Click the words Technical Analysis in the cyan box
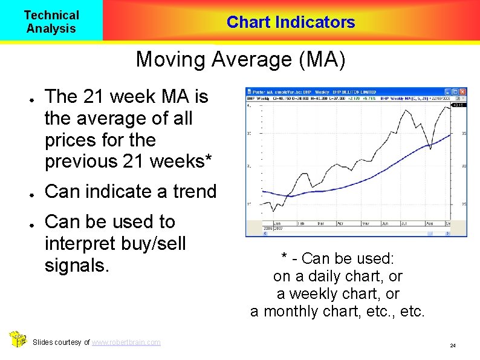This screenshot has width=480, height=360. coord(51,22)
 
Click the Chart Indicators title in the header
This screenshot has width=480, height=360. coord(291,22)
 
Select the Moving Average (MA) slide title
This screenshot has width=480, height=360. coord(241,60)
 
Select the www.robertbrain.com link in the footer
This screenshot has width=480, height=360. coord(126,342)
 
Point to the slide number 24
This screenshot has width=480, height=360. coord(452,345)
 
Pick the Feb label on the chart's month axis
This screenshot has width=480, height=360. coord(300,223)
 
